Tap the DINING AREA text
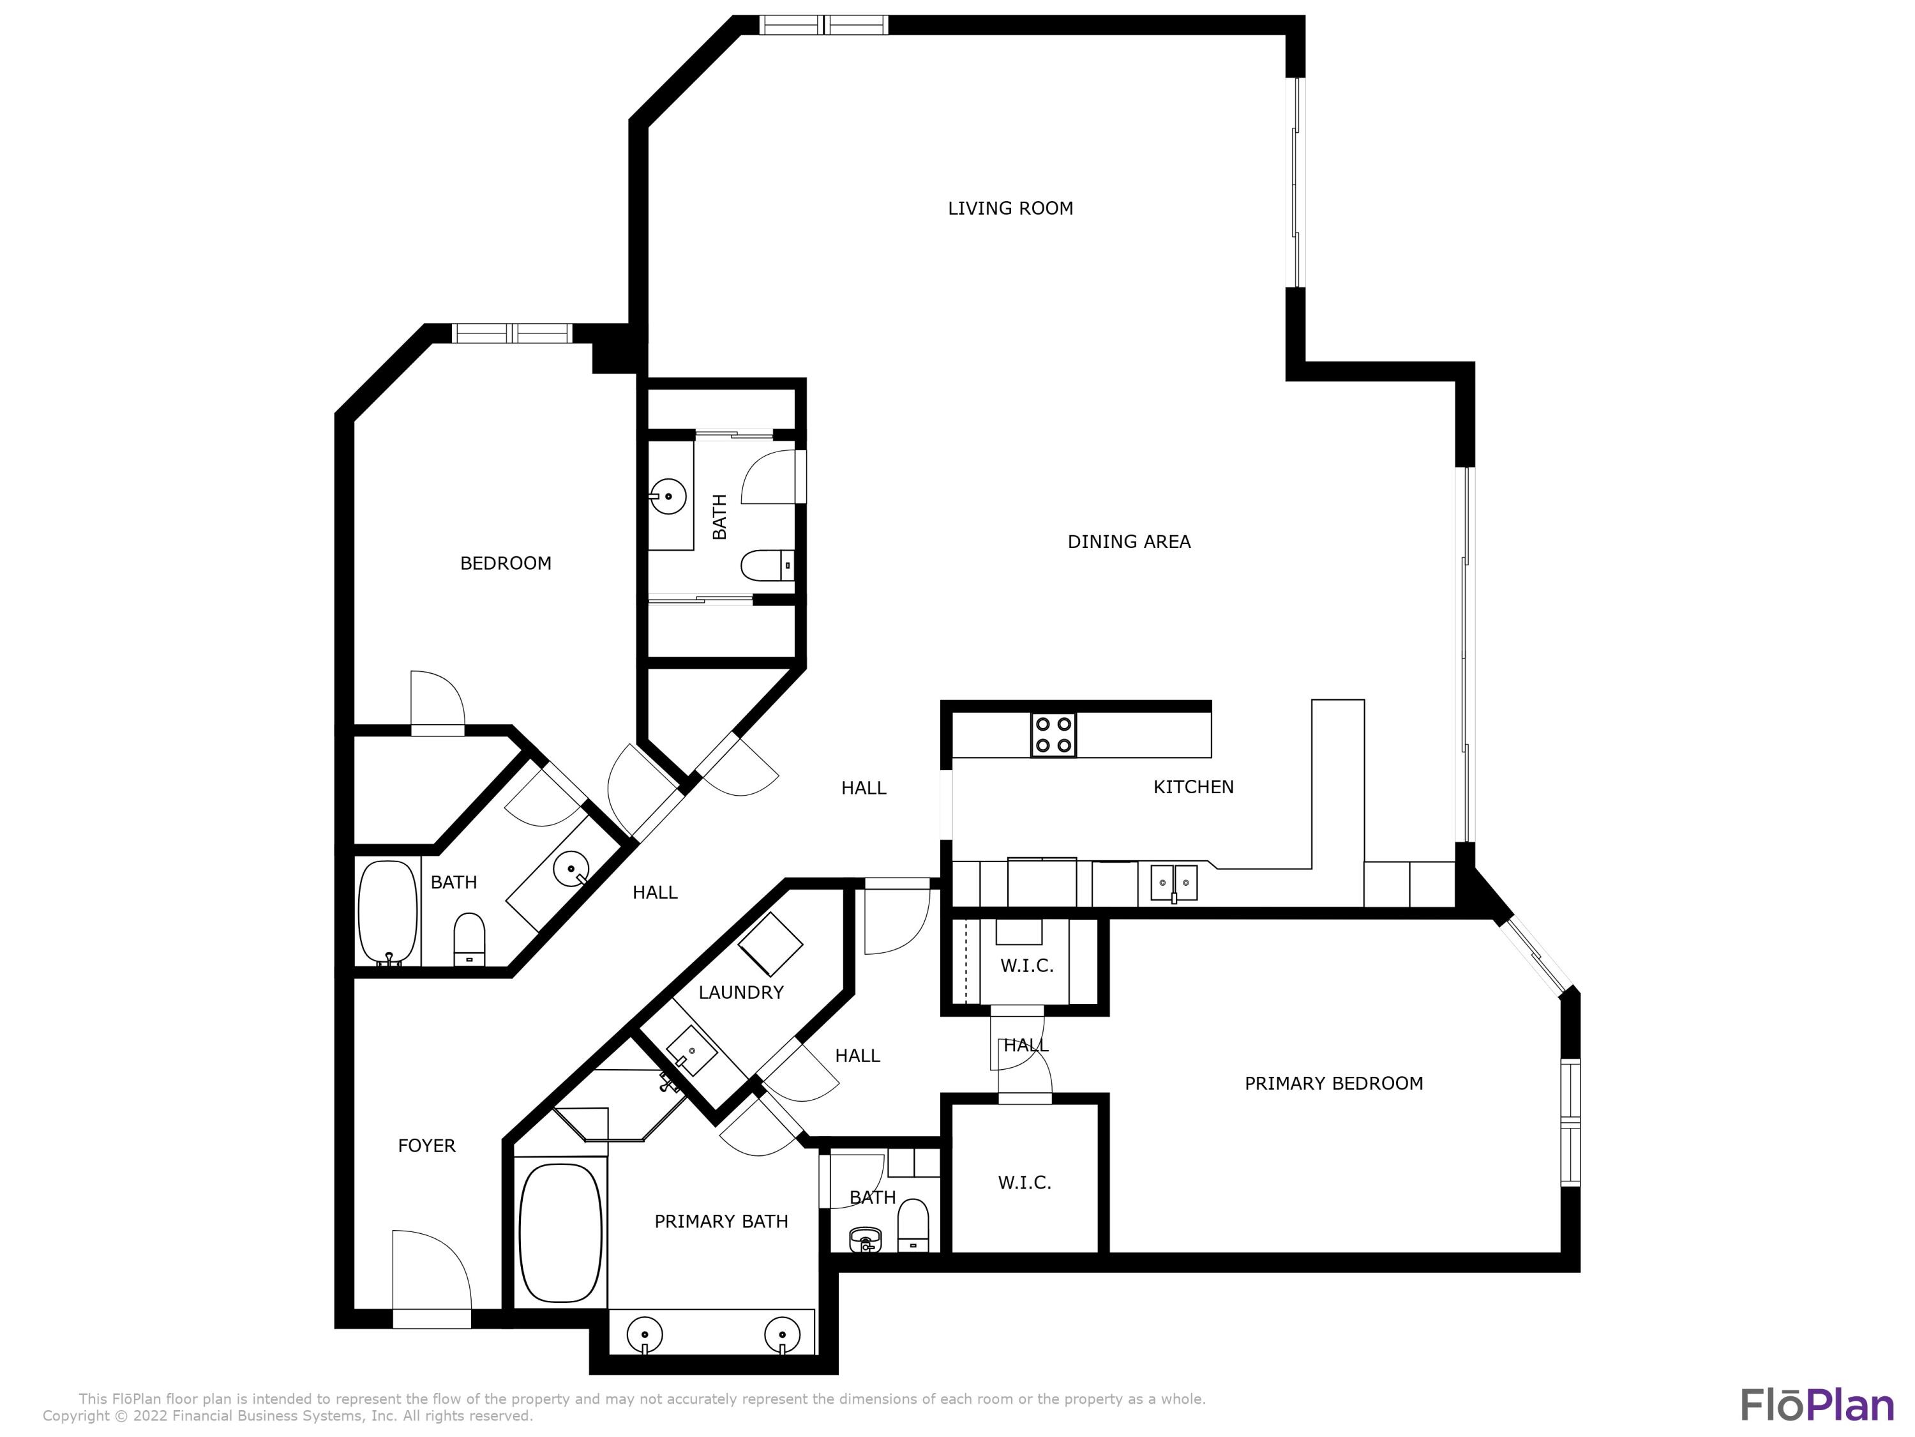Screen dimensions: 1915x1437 (x=1129, y=542)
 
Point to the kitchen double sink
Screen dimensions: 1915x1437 (x=1174, y=883)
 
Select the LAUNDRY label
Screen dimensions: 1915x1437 (x=741, y=992)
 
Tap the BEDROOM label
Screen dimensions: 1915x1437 (x=506, y=564)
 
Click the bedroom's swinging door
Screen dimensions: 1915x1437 (x=437, y=703)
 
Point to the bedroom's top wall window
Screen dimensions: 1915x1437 (x=513, y=333)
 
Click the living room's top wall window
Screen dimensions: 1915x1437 (x=823, y=25)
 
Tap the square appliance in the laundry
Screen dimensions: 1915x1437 (x=770, y=944)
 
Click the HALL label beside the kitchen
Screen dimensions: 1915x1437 (x=863, y=788)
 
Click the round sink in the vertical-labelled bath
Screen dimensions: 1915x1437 (x=668, y=496)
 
